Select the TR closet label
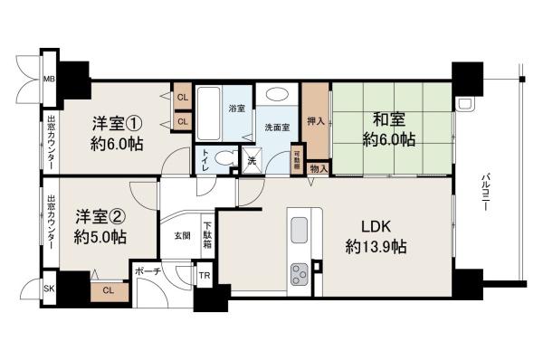205,276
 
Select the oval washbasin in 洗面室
276,94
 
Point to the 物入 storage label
319,166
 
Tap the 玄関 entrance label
182,236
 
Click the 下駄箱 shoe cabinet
208,236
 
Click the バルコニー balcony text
486,193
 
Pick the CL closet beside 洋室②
109,290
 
